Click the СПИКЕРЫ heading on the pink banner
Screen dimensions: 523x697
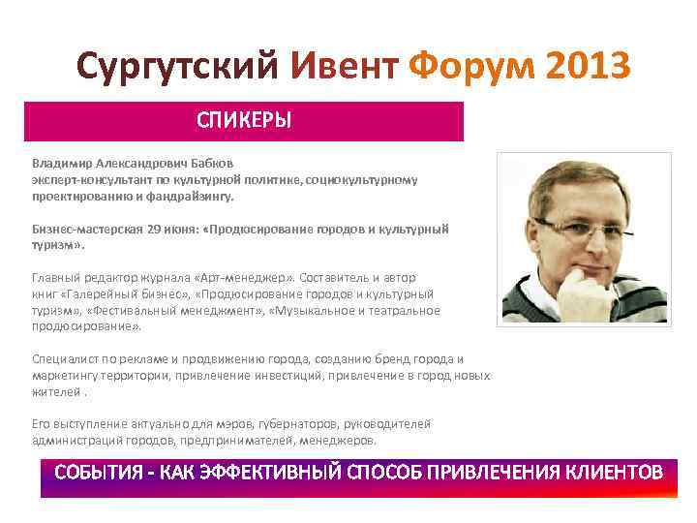244,122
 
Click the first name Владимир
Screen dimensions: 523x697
62,163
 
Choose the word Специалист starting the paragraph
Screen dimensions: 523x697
64,358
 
